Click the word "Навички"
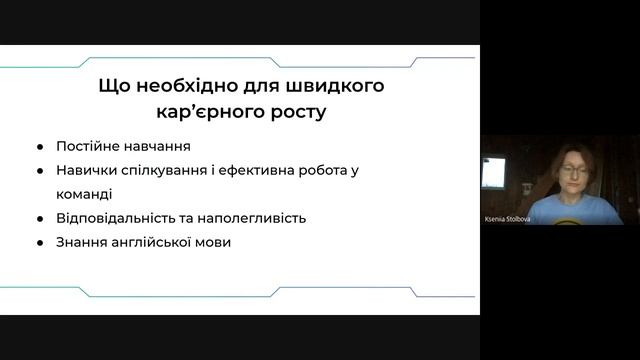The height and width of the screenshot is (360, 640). pos(87,171)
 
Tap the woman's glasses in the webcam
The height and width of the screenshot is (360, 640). pos(574,171)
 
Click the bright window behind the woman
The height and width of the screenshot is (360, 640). pos(493,173)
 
